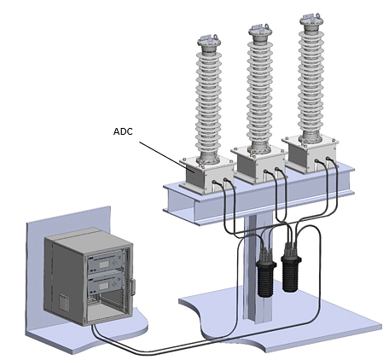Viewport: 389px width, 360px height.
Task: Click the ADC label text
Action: click(x=123, y=131)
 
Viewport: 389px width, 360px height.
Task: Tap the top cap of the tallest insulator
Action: click(x=312, y=20)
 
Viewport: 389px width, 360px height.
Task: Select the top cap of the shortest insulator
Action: click(x=209, y=42)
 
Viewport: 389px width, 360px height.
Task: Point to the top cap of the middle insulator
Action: click(x=260, y=31)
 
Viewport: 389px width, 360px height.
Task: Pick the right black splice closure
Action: click(x=291, y=267)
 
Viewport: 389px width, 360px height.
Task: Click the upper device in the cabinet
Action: click(x=107, y=263)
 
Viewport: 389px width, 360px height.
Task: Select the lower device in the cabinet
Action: click(x=107, y=285)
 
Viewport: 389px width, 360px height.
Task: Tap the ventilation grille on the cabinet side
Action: click(x=64, y=303)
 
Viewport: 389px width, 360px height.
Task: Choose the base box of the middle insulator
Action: click(x=258, y=164)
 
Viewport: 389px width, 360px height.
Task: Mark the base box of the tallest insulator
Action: click(x=311, y=154)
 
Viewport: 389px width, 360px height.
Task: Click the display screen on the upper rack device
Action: click(x=104, y=264)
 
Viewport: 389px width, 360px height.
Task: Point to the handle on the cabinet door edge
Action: click(x=133, y=287)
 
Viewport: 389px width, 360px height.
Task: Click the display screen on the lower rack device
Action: click(x=104, y=286)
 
